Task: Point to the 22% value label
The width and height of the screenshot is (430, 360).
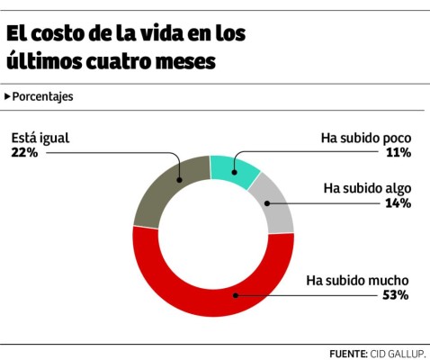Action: point(24,153)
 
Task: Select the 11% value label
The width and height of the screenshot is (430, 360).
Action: point(399,153)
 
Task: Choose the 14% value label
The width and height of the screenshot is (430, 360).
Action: point(399,203)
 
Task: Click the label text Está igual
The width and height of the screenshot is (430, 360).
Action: point(40,138)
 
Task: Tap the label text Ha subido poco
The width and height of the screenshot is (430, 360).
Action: point(366,139)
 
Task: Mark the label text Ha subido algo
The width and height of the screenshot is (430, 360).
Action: point(367,188)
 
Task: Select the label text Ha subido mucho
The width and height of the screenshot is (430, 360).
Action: point(359,280)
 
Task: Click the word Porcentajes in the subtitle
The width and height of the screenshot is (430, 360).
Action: point(43,96)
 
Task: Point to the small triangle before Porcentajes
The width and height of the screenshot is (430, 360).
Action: point(8,96)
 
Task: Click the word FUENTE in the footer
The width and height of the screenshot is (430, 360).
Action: point(346,353)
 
